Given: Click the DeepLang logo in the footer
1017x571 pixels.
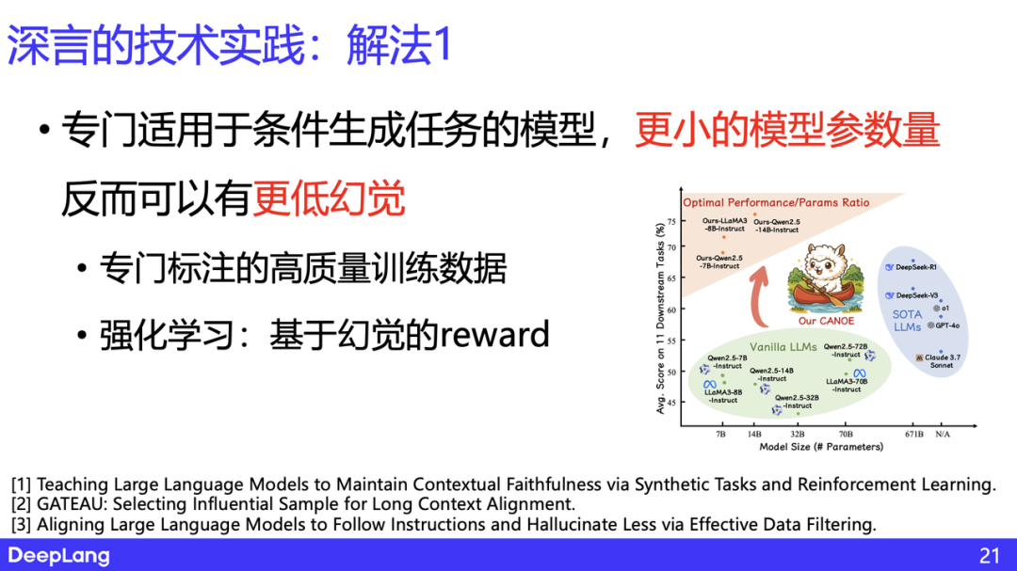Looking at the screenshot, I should (x=59, y=556).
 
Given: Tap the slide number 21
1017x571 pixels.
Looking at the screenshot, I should (x=989, y=556).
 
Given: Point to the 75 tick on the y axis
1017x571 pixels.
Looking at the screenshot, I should (x=671, y=222).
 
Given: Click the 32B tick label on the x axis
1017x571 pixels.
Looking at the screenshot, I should (x=798, y=435).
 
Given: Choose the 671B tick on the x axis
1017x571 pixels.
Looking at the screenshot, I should (x=913, y=435).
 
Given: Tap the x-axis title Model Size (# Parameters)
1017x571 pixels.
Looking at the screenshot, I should (x=821, y=447).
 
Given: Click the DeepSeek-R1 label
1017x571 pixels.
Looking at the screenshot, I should (x=919, y=267).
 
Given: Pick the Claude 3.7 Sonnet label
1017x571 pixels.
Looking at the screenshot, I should (x=942, y=361).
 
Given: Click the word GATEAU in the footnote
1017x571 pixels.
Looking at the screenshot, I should (x=74, y=504).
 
